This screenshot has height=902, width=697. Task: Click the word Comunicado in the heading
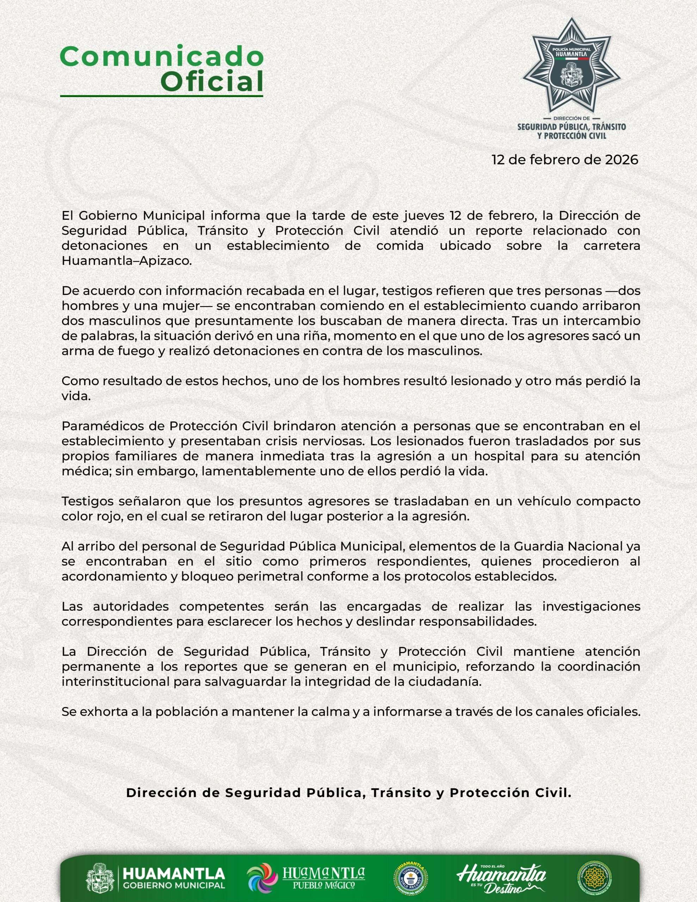click(161, 57)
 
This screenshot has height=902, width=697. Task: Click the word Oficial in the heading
click(211, 82)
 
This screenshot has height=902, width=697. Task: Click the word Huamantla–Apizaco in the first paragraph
click(127, 261)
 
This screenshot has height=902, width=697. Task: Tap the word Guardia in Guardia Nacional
click(538, 546)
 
